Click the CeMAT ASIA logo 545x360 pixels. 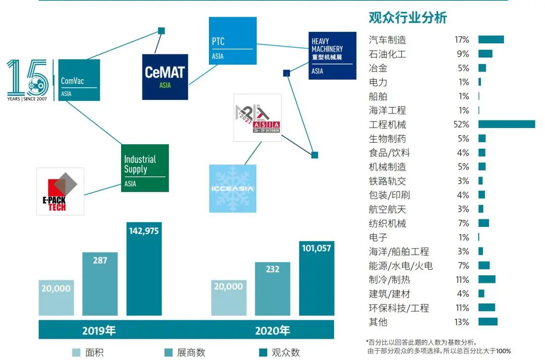(x=165, y=77)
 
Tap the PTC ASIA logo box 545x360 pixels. (x=233, y=41)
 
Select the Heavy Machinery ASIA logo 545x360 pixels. (x=333, y=55)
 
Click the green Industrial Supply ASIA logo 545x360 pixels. (x=145, y=168)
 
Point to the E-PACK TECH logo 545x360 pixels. (x=60, y=191)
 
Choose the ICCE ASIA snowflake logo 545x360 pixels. (x=233, y=189)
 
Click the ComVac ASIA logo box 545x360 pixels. (x=79, y=80)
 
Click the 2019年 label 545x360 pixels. (x=99, y=331)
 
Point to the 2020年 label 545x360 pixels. (x=272, y=331)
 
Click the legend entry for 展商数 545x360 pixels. (x=185, y=352)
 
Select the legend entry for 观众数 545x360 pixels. (x=279, y=352)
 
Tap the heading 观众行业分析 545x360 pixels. (x=408, y=18)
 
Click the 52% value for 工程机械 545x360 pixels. (x=461, y=125)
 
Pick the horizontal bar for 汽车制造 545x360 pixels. (x=491, y=40)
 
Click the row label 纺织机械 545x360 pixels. (x=388, y=223)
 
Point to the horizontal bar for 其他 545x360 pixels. (x=488, y=322)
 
